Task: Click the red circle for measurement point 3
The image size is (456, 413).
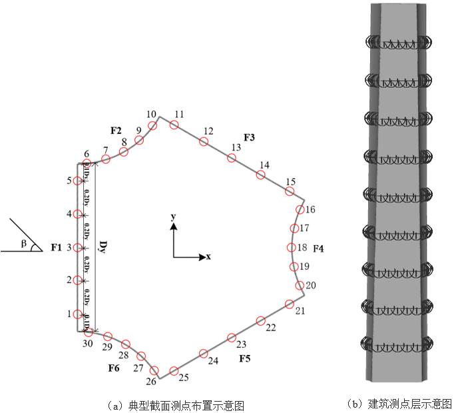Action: (x=78, y=248)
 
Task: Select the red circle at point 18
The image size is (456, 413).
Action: (x=292, y=248)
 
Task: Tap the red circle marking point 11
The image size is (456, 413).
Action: (x=174, y=125)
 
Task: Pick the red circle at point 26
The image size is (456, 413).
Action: (x=154, y=371)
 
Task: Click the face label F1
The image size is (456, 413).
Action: (x=56, y=248)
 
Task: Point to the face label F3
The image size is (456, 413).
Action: (x=250, y=137)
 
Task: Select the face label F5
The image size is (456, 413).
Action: (x=245, y=359)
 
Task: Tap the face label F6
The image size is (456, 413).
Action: (x=114, y=367)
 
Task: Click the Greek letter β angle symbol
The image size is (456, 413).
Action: (x=25, y=244)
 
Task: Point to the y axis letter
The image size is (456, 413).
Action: (x=173, y=217)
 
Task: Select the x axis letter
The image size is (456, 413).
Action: (x=208, y=256)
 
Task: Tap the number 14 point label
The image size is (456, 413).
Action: (x=264, y=165)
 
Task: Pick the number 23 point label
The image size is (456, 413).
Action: (x=241, y=344)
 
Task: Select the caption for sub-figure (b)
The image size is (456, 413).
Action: (x=399, y=404)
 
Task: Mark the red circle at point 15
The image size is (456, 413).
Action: (x=289, y=191)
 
